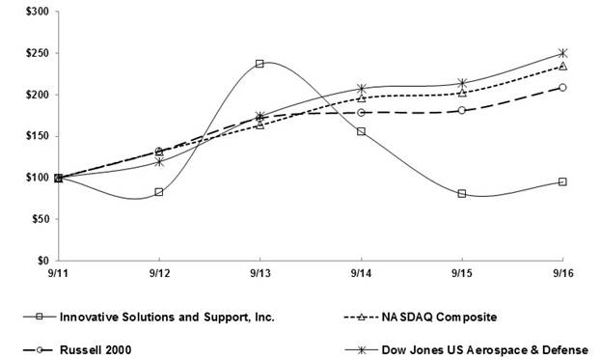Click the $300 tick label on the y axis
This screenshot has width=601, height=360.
tap(38, 12)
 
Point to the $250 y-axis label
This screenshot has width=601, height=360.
tap(38, 53)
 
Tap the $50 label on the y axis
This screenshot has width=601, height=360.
tap(40, 219)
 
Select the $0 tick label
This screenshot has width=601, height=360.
tap(42, 261)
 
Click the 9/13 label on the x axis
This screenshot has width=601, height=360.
tap(260, 273)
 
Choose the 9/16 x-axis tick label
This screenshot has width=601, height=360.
tap(563, 273)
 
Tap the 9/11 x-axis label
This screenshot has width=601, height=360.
tap(58, 273)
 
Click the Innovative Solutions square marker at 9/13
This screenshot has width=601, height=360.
tap(260, 64)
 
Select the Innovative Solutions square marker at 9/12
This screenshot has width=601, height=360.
tap(159, 192)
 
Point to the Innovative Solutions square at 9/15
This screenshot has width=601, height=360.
tap(462, 194)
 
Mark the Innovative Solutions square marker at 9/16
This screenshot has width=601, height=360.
tap(562, 181)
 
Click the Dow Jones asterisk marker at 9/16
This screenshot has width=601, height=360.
tap(562, 53)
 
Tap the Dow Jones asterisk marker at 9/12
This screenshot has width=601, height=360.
tap(159, 162)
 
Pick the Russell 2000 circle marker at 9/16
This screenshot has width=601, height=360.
tap(562, 88)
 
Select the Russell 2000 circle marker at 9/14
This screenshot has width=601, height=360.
tap(361, 112)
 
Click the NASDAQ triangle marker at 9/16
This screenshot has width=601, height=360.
tap(562, 67)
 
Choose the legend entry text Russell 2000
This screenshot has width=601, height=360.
tap(96, 350)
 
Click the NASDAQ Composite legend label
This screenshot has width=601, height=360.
tap(439, 318)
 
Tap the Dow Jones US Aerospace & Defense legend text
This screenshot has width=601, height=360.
tap(485, 350)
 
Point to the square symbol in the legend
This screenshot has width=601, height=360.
tap(40, 317)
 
